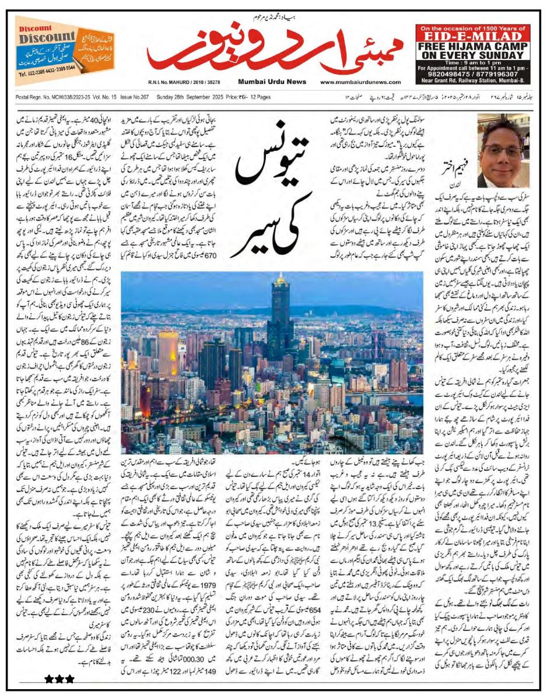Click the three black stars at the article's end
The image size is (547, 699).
tap(59, 679)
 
